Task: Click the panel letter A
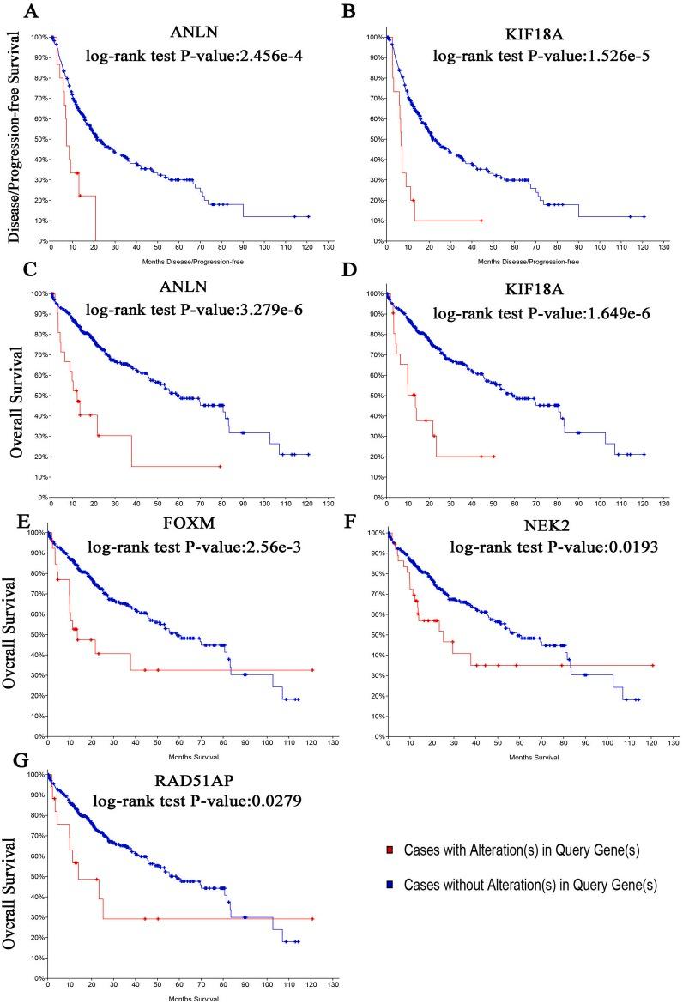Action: pos(9,11)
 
